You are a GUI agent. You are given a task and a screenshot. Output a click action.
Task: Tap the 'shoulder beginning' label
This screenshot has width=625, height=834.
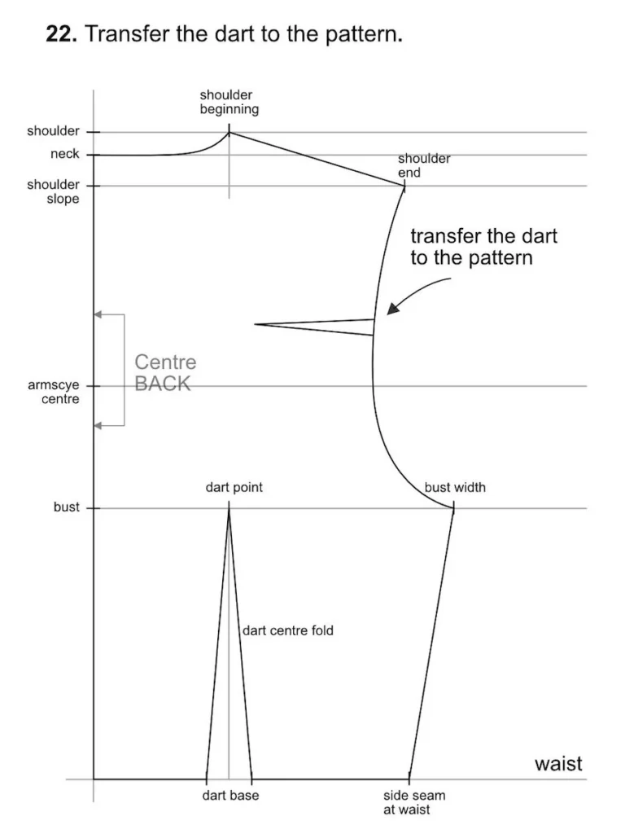[229, 102]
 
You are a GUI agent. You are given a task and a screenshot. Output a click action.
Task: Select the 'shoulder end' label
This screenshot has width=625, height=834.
[423, 165]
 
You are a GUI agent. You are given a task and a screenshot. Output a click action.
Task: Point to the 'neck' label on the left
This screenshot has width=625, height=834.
[65, 154]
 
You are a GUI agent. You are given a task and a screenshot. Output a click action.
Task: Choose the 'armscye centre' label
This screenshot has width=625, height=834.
[54, 392]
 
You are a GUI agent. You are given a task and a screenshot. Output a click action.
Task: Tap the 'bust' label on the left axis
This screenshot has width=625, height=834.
[67, 507]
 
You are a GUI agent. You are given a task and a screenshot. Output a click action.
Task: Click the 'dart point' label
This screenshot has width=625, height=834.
[234, 488]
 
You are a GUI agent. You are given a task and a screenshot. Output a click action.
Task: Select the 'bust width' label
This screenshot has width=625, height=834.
[455, 488]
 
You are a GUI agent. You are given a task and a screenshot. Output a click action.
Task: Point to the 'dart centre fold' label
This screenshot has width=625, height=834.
[288, 630]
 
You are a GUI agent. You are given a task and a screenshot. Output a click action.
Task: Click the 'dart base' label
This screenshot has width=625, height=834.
[230, 796]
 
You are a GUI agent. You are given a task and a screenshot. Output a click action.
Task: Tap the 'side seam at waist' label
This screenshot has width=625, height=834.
[413, 802]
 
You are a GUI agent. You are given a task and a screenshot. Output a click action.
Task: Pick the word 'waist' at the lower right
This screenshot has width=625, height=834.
[558, 764]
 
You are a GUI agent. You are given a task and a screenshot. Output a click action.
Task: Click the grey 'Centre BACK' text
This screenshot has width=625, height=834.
[164, 373]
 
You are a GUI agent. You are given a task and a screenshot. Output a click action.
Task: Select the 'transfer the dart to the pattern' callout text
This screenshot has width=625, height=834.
[483, 247]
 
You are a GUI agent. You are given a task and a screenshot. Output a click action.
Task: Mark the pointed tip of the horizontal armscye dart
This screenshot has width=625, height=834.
[255, 324]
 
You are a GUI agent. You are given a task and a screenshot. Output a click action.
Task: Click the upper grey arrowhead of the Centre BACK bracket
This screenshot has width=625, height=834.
[98, 314]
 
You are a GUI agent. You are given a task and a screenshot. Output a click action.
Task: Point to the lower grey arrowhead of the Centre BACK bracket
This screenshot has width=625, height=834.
[98, 425]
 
